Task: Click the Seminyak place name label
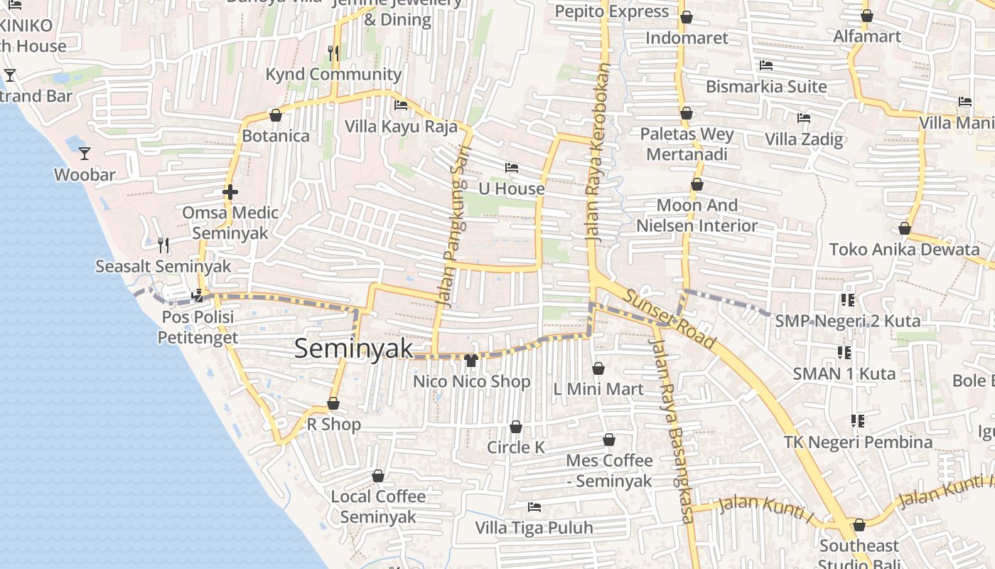point(353,349)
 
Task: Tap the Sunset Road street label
point(668,319)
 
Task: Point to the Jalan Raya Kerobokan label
point(598,153)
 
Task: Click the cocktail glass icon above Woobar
point(85,153)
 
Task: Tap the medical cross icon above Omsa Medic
point(230,192)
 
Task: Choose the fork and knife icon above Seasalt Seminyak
point(163,245)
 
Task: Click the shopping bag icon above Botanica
point(276,115)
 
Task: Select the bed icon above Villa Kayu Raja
point(401,105)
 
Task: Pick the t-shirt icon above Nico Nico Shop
point(470,361)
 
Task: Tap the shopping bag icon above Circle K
point(516,427)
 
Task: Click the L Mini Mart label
point(598,389)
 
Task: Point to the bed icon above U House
point(511,168)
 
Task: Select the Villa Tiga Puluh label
point(534,528)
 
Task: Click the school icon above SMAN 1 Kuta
point(844,352)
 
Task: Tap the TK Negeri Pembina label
point(858,442)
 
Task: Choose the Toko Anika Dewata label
point(904,250)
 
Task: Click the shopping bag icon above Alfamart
point(866,16)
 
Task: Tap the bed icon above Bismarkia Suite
point(765,65)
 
